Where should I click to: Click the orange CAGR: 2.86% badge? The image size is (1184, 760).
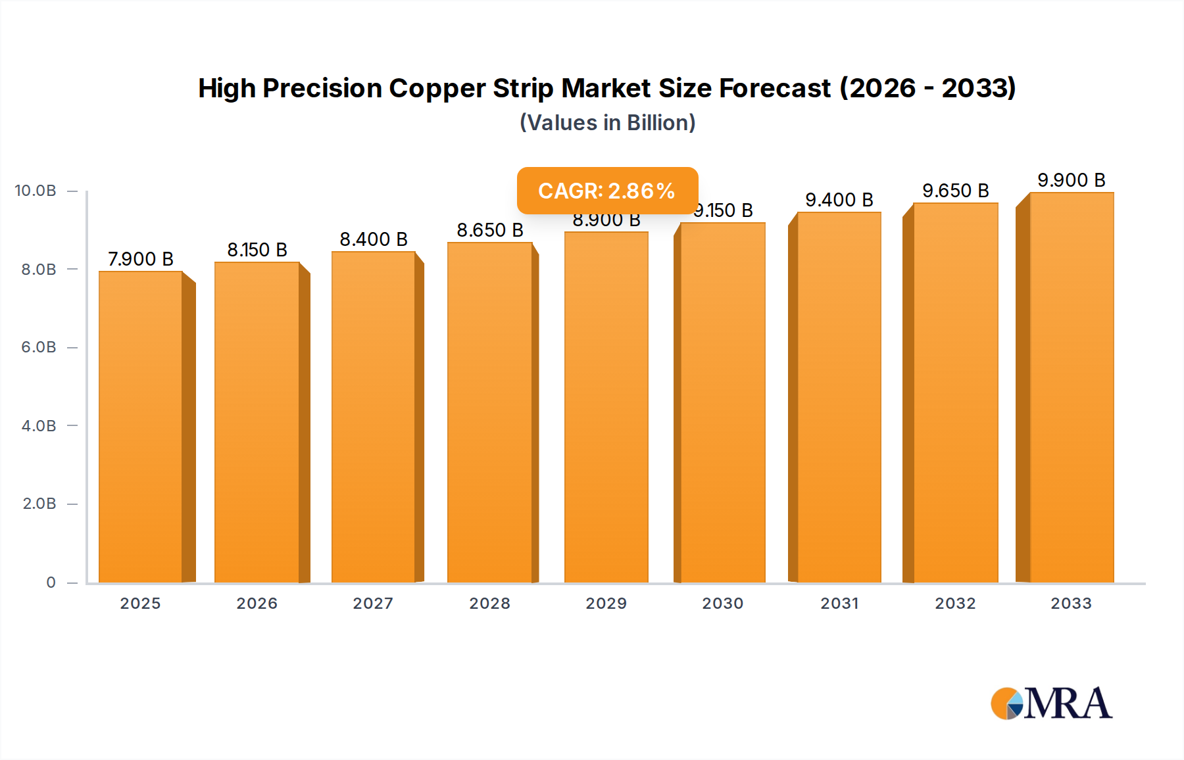[x=607, y=191]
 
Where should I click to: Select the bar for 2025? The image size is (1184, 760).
[x=141, y=427]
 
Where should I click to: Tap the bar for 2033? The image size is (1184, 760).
[x=1071, y=388]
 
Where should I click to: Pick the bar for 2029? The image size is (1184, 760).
[x=606, y=408]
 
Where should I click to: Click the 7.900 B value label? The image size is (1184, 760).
[x=141, y=259]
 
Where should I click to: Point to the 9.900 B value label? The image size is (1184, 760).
[x=1071, y=180]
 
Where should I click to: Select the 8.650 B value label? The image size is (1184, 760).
[x=490, y=230]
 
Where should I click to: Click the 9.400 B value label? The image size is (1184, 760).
[x=839, y=200]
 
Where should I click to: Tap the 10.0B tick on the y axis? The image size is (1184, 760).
[x=36, y=191]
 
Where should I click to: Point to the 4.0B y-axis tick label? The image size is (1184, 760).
[x=39, y=425]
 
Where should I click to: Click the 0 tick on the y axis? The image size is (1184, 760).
[x=51, y=582]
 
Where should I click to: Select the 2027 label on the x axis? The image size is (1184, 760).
[x=373, y=604]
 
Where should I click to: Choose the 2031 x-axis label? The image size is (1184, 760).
[x=839, y=604]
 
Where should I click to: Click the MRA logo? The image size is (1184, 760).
[x=1051, y=703]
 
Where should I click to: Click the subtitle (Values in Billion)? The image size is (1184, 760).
[x=607, y=123]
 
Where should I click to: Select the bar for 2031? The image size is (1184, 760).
[x=839, y=398]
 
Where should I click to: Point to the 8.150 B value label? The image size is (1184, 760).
[x=257, y=250]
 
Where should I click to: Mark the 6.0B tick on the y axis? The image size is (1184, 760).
[x=39, y=347]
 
